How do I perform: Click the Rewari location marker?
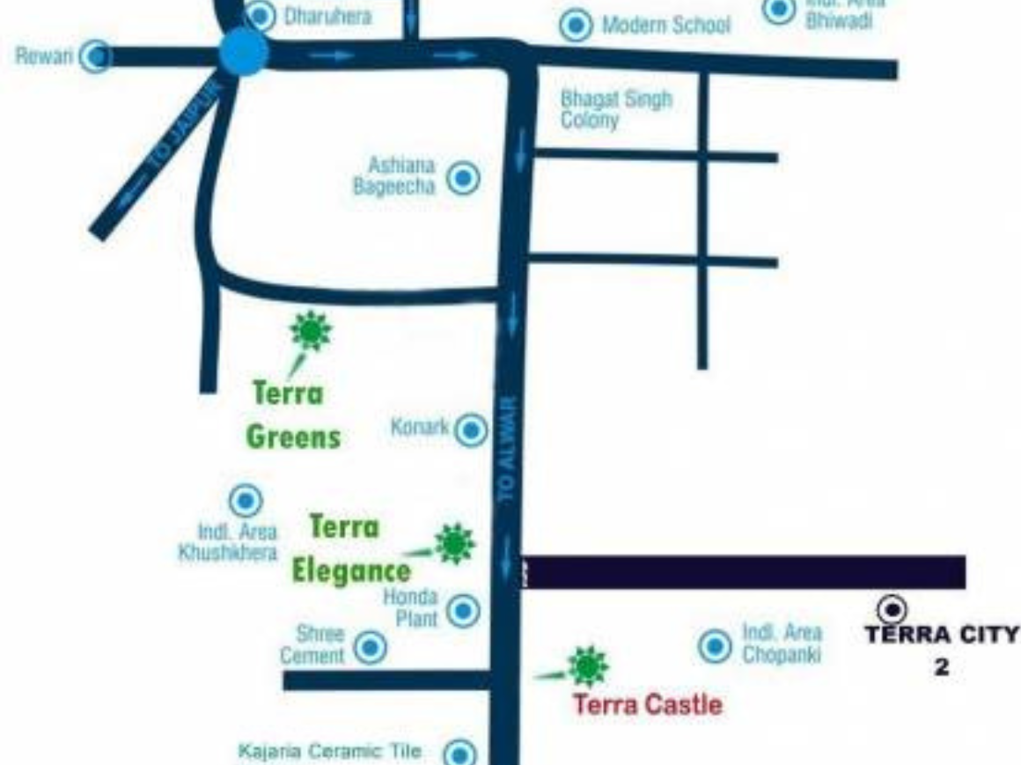pos(96,57)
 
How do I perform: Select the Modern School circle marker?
pos(576,25)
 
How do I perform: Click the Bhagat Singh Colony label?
pos(616,109)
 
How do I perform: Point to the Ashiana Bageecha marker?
pos(463,179)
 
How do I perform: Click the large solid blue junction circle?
pos(244,53)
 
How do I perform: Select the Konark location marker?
pos(472,430)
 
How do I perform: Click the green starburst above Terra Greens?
pos(311,330)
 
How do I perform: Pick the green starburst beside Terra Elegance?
pos(454,544)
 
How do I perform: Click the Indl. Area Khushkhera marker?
pos(245,501)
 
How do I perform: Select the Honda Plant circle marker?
pos(464,610)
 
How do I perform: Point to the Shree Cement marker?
pos(371,648)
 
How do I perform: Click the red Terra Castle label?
pos(648,704)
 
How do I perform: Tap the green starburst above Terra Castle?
pos(587,666)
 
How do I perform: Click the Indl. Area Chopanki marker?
pos(715,646)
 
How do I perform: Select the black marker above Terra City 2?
pos(892,608)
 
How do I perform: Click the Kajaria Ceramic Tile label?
pos(330,752)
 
